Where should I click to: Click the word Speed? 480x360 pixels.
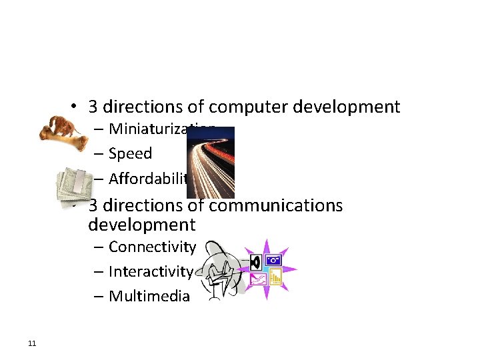click(130, 153)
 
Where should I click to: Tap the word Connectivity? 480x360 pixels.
click(152, 247)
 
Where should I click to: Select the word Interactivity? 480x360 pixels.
click(151, 271)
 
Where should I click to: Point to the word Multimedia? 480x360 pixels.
click(149, 296)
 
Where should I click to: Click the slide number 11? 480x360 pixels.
click(32, 343)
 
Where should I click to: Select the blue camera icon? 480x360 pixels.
click(273, 259)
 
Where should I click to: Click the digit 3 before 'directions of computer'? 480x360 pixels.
click(93, 107)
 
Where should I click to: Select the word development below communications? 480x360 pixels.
click(141, 225)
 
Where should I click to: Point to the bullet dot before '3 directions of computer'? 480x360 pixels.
click(77, 107)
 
